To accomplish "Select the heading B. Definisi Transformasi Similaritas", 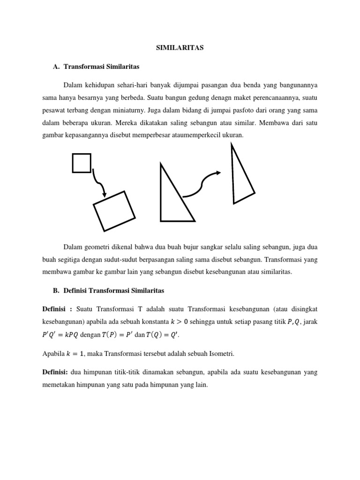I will pyautogui.click(x=109, y=291).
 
